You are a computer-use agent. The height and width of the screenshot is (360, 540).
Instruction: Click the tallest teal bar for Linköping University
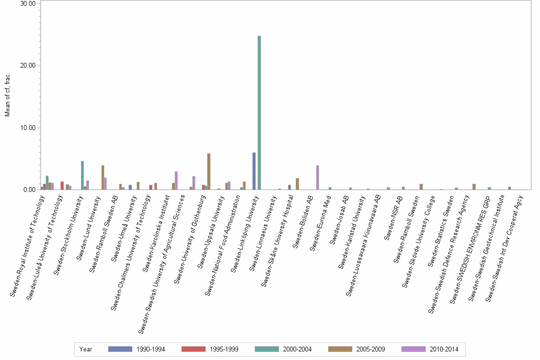pyautogui.click(x=260, y=112)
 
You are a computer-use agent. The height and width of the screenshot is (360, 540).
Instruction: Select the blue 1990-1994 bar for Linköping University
pyautogui.click(x=254, y=171)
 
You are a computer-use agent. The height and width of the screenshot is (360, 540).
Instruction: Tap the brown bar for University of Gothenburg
pyautogui.click(x=209, y=171)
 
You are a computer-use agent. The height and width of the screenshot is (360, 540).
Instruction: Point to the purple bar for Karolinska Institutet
pyautogui.click(x=176, y=180)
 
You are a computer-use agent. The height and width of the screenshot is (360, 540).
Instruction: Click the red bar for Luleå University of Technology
pyautogui.click(x=62, y=185)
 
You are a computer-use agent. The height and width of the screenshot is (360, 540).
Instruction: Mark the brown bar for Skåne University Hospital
pyautogui.click(x=297, y=184)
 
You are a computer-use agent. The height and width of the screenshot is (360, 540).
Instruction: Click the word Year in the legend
pyautogui.click(x=86, y=349)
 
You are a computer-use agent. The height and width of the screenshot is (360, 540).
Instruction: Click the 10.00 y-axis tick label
pyautogui.click(x=27, y=128)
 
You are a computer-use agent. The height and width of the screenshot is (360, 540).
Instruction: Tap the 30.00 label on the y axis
pyautogui.click(x=27, y=4)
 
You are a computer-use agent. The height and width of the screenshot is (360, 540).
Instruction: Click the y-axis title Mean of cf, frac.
pyautogui.click(x=7, y=95)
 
